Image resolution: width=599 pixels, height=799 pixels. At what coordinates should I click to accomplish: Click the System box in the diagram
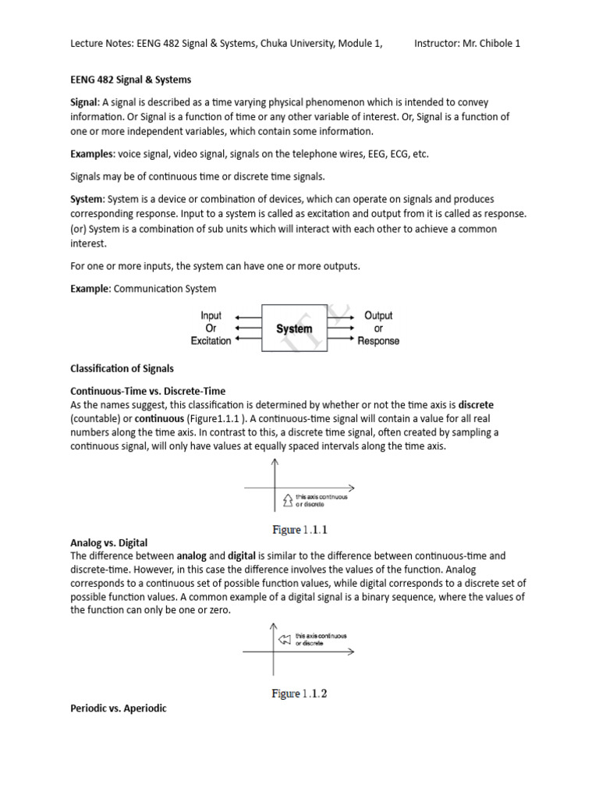click(x=293, y=328)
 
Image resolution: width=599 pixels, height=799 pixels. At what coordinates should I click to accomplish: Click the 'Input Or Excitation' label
click(x=211, y=328)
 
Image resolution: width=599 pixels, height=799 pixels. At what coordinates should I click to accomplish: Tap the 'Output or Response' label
click(x=378, y=328)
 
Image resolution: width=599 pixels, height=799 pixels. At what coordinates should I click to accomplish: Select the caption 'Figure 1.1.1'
click(x=300, y=530)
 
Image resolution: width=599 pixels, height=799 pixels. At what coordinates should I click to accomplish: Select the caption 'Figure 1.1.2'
click(x=300, y=693)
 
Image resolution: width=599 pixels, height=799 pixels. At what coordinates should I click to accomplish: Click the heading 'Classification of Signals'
click(x=122, y=368)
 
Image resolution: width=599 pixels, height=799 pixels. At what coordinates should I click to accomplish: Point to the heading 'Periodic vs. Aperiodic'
click(x=119, y=708)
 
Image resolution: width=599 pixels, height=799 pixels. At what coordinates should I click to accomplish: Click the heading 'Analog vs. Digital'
click(x=108, y=542)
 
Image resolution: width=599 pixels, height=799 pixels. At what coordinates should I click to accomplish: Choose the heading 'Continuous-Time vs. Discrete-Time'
click(x=147, y=391)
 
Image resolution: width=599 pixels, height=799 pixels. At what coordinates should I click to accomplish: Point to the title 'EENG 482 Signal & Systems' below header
click(x=131, y=80)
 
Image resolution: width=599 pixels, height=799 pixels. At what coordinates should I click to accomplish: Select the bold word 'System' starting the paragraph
click(x=87, y=199)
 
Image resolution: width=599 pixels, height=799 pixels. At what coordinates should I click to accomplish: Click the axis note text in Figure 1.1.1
click(x=321, y=500)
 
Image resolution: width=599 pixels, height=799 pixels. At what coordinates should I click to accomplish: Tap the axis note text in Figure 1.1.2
click(x=321, y=640)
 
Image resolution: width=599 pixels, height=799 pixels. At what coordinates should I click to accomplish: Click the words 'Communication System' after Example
click(x=165, y=289)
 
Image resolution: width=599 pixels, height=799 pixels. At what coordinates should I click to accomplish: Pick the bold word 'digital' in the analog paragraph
click(x=243, y=556)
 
